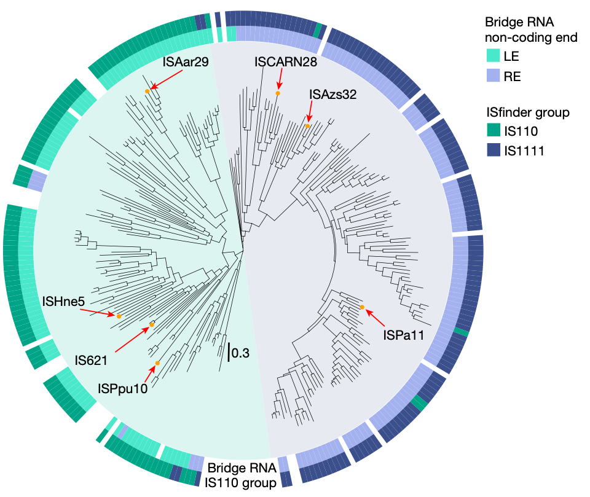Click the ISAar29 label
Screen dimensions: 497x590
(x=185, y=62)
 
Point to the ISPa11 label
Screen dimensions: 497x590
(x=403, y=335)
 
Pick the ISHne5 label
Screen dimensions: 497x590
(x=64, y=302)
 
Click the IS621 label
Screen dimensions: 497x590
(x=92, y=358)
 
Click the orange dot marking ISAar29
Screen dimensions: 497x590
(x=147, y=92)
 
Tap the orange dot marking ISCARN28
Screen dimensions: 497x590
(x=278, y=93)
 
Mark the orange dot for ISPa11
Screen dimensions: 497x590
(x=362, y=307)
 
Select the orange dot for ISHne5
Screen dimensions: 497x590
(x=119, y=316)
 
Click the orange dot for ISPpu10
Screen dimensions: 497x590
(x=158, y=363)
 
